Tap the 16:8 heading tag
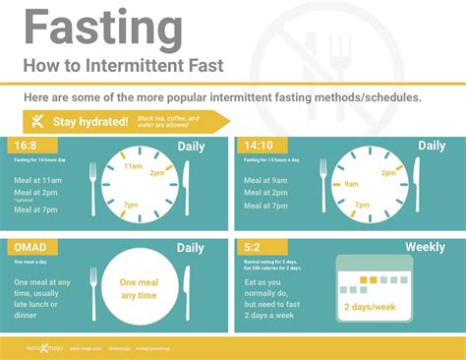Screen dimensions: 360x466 point(27,146)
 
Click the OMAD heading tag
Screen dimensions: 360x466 point(31,246)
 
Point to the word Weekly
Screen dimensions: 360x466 point(424,247)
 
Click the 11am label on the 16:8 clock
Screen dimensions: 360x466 point(133,166)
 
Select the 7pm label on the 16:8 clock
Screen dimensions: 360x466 point(130,205)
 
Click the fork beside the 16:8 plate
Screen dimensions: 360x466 point(93,186)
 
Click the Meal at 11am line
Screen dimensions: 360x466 point(37,182)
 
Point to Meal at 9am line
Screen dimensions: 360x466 point(266,180)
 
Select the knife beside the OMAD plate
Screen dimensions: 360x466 point(201,288)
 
